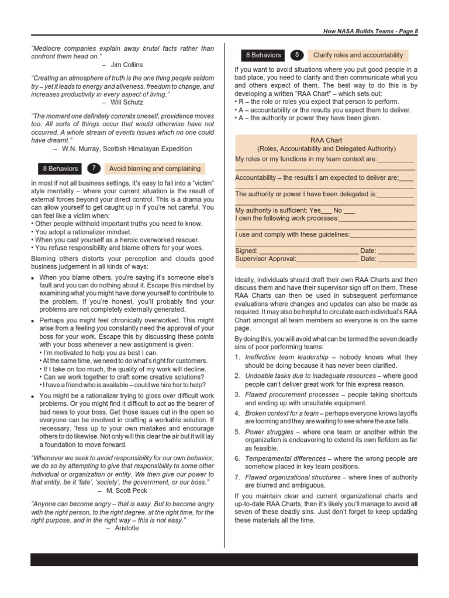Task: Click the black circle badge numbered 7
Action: click(94, 168)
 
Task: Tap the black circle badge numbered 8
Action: click(297, 55)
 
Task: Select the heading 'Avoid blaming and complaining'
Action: click(155, 169)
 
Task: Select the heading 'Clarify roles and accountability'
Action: click(358, 55)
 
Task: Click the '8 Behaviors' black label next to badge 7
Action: click(60, 169)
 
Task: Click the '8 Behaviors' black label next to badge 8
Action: click(263, 55)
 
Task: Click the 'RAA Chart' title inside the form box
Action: click(326, 141)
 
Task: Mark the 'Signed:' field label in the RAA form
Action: click(246, 251)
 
